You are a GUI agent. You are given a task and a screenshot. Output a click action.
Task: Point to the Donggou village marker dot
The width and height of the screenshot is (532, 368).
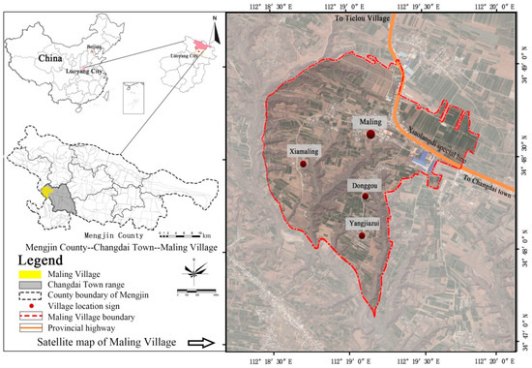point(366,197)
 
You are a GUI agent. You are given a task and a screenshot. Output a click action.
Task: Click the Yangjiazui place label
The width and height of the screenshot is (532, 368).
point(363,222)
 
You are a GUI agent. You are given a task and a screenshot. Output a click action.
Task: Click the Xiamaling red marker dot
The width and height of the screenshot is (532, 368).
point(304,165)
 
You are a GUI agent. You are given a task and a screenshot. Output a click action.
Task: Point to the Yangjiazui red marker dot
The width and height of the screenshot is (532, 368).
point(363,235)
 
